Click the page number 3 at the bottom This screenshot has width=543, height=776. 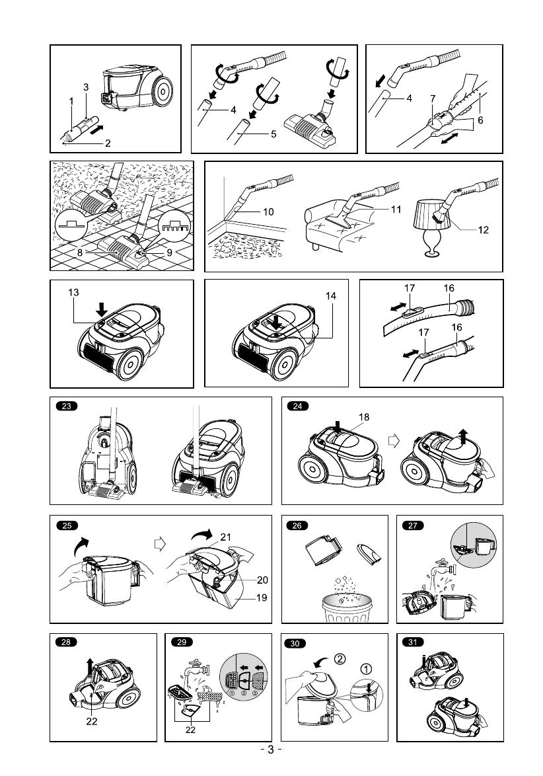pos(271,750)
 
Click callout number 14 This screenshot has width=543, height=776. pos(331,297)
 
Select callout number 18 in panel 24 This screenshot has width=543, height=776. pos(363,417)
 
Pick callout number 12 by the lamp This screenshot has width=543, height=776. pos(484,230)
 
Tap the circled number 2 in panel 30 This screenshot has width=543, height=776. pos(339,658)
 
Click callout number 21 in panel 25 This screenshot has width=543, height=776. pos(225,537)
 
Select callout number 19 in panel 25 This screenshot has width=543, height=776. pos(262,598)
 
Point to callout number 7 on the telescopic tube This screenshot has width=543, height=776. pos(432,98)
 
